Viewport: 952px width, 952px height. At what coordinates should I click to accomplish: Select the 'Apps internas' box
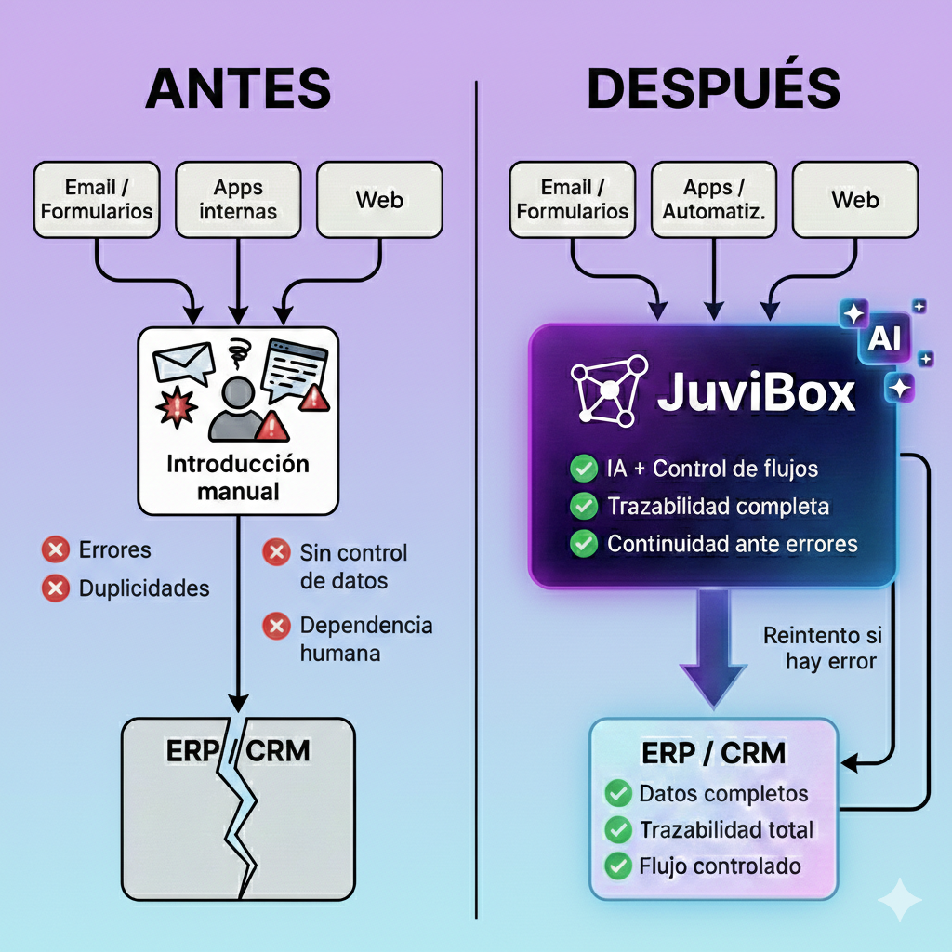[x=238, y=199]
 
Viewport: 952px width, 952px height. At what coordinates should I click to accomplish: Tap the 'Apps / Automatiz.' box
[x=713, y=199]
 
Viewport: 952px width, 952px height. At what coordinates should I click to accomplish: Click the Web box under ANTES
[x=379, y=199]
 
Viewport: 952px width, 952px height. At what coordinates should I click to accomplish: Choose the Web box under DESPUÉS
[x=855, y=199]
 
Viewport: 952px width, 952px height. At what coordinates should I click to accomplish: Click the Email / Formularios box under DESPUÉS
[x=572, y=199]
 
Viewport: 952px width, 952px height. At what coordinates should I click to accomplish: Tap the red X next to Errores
[x=56, y=550]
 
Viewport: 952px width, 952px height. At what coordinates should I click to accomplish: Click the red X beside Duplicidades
[x=56, y=588]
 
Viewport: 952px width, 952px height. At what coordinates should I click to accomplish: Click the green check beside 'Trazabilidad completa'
[x=583, y=507]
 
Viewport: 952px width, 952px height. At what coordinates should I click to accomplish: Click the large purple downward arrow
[x=713, y=641]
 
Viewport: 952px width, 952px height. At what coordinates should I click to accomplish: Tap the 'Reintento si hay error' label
[x=822, y=649]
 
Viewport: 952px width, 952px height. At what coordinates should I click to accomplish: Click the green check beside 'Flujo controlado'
[x=617, y=866]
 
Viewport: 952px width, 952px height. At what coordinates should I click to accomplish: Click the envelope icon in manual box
[x=183, y=364]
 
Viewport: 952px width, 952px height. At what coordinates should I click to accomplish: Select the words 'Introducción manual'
[x=238, y=477]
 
